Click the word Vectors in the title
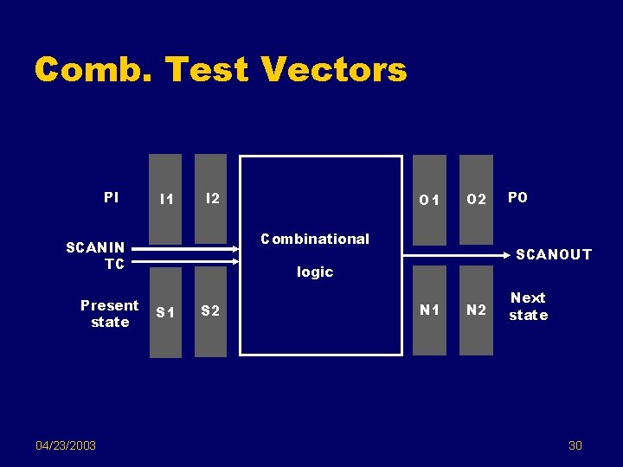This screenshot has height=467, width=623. [333, 69]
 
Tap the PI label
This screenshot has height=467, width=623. [111, 197]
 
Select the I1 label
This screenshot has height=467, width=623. [166, 200]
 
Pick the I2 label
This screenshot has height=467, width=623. [211, 199]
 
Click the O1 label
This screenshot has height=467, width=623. [429, 201]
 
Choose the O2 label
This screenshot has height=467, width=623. [476, 201]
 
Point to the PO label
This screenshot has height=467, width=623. [517, 198]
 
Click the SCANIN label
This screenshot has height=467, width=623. [95, 247]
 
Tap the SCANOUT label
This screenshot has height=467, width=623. [554, 254]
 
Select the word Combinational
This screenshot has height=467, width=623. [315, 239]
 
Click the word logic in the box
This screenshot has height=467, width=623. [315, 272]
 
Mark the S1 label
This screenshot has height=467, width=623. [165, 312]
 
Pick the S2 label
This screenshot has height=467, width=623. [210, 311]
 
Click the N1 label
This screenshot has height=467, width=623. [429, 310]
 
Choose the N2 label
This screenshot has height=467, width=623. [476, 310]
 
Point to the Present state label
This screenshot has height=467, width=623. [109, 313]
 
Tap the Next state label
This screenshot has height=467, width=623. [528, 306]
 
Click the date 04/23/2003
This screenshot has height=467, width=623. [66, 445]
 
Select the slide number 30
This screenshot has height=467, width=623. [575, 445]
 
